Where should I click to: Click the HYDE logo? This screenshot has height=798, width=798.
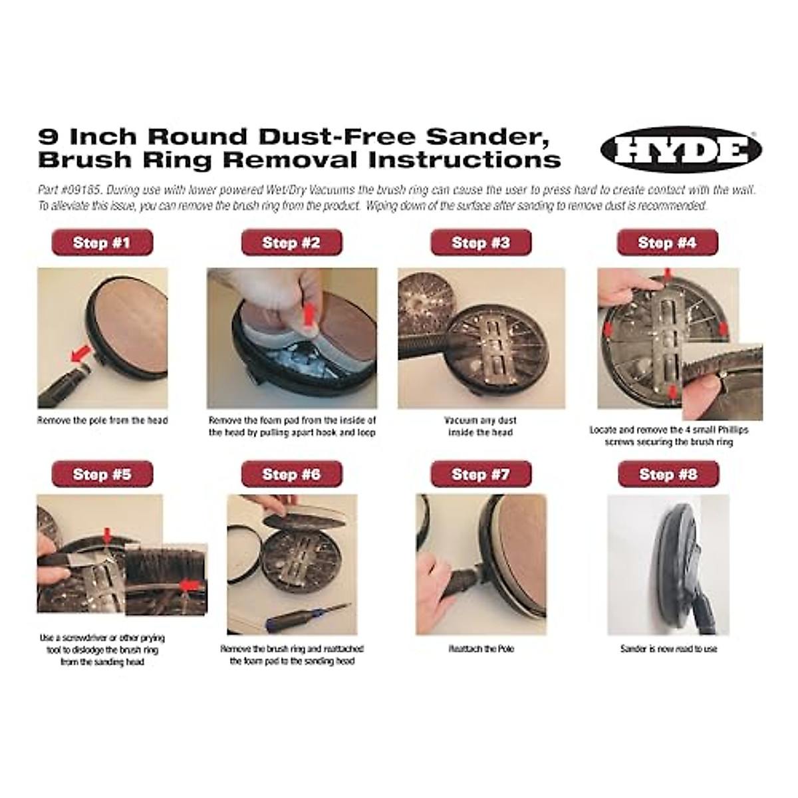coord(680,149)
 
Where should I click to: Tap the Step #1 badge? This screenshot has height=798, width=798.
coord(102,242)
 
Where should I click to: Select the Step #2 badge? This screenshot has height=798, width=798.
coord(291,242)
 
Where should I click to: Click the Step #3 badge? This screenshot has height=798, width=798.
coord(481,242)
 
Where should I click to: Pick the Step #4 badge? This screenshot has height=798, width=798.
coord(667,242)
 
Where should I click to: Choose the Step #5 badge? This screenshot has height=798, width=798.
coord(102,474)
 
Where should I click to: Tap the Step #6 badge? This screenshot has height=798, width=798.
coord(291,474)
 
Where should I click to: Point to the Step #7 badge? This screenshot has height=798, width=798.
coord(481,474)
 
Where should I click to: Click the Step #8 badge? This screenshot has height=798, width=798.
coord(668,474)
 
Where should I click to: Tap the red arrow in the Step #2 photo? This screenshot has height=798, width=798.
coord(307,313)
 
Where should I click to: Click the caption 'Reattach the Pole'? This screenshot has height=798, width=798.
coord(481,648)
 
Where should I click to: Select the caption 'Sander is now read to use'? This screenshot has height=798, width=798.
coord(668,648)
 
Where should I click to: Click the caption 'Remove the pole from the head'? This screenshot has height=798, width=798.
coord(102,420)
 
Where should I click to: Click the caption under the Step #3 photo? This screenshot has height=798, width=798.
coord(481,426)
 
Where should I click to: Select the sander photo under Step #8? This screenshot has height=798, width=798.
coord(668,565)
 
